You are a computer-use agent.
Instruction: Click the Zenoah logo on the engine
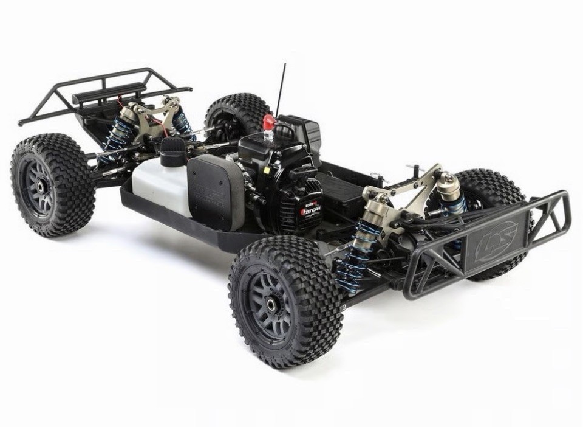pos(311,212)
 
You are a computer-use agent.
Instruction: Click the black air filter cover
pos(216,189)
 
